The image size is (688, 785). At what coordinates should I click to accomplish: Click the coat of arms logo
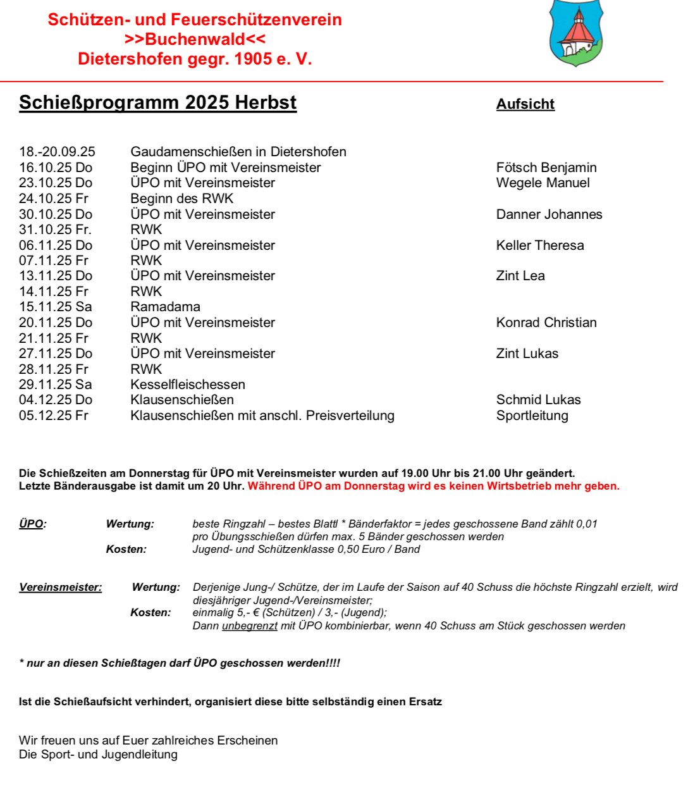pyautogui.click(x=576, y=33)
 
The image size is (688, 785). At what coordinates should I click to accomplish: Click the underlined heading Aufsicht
pyautogui.click(x=525, y=104)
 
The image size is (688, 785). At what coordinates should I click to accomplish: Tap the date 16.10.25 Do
pyautogui.click(x=56, y=168)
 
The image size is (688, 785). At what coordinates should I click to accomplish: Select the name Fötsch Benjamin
pyautogui.click(x=546, y=168)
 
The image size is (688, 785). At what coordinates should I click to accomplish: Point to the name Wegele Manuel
pyautogui.click(x=543, y=183)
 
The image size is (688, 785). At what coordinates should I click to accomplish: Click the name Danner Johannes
pyautogui.click(x=549, y=214)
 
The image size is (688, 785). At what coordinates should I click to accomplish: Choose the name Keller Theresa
pyautogui.click(x=540, y=245)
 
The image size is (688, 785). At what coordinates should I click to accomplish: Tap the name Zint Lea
pyautogui.click(x=520, y=276)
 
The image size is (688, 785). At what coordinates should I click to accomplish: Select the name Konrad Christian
pyautogui.click(x=546, y=323)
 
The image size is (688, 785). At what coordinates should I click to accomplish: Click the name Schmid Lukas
pyautogui.click(x=538, y=400)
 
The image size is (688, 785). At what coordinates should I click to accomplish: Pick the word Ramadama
pyautogui.click(x=165, y=307)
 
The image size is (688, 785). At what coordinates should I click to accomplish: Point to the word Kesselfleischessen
pyautogui.click(x=188, y=385)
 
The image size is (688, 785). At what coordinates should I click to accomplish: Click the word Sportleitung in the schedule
pyautogui.click(x=532, y=416)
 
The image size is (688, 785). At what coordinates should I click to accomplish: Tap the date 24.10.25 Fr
pyautogui.click(x=54, y=199)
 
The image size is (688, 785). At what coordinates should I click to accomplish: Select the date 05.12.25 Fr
pyautogui.click(x=54, y=416)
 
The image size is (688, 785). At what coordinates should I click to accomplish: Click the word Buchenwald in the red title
pyautogui.click(x=195, y=39)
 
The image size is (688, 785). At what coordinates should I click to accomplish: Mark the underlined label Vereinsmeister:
pyautogui.click(x=60, y=587)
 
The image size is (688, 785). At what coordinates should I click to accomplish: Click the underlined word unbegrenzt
pyautogui.click(x=250, y=626)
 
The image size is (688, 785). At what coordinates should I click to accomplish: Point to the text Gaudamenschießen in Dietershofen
pyautogui.click(x=238, y=152)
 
